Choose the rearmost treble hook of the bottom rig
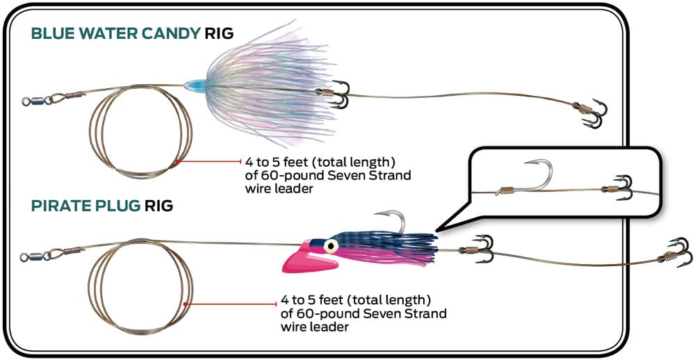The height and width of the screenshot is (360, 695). (676, 254)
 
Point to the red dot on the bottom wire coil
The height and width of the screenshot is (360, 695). (186, 304)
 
